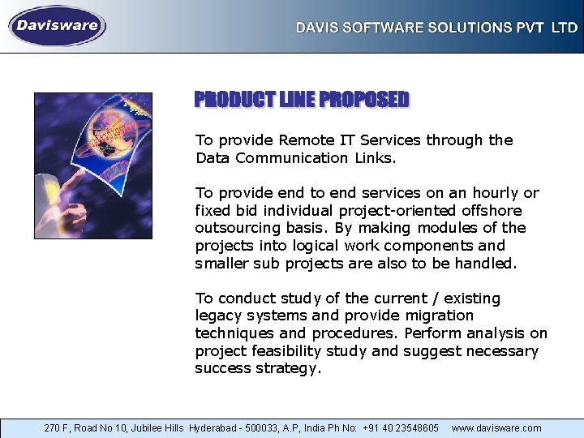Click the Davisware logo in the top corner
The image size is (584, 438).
point(58,26)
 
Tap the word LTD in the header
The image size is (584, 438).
point(565,28)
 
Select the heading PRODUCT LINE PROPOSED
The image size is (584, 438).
point(302,100)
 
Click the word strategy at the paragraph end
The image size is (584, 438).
point(289,369)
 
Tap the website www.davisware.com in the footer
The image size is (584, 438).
point(496,427)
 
